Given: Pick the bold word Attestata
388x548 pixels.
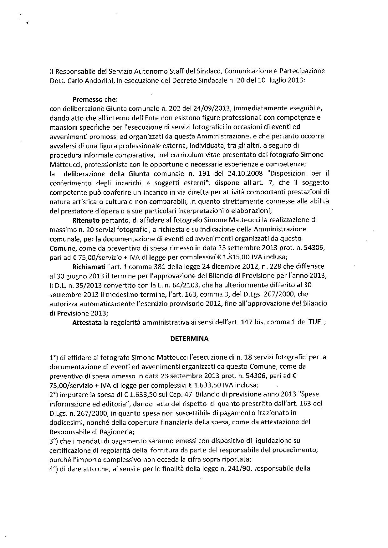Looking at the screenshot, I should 87,322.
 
